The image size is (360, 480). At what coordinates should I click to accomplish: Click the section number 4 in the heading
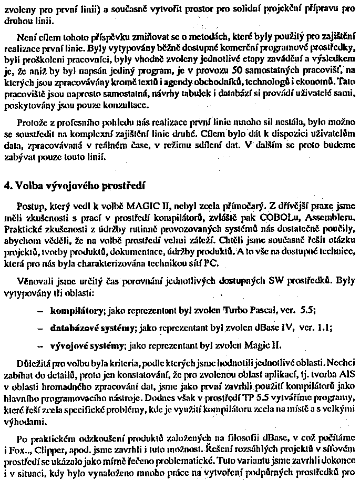point(6,186)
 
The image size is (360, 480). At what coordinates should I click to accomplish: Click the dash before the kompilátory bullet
point(41,311)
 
